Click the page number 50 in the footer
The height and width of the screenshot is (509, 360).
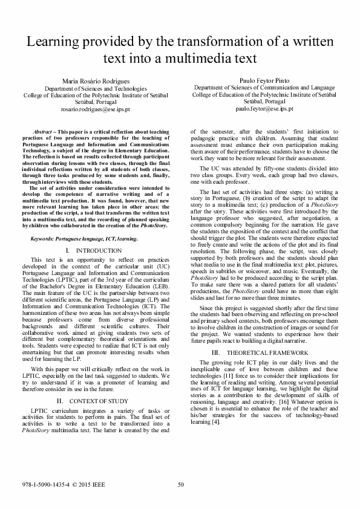180,483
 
